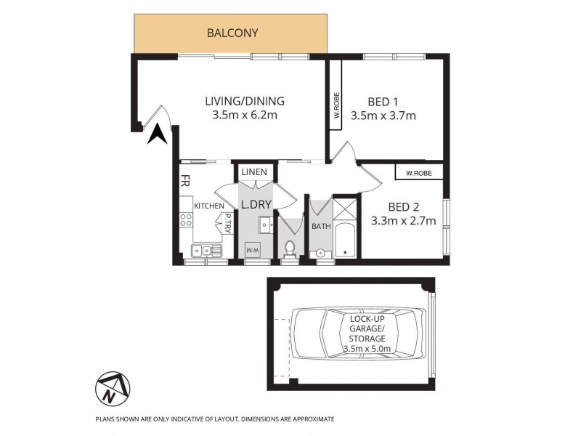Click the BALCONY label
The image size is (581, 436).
point(232,33)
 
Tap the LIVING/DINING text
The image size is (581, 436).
point(244,101)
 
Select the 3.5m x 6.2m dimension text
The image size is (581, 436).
point(244,116)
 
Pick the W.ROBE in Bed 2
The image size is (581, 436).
point(419,173)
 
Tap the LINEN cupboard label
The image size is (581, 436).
point(255,172)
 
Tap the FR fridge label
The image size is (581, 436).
point(185,179)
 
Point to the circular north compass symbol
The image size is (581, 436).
point(110,391)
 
